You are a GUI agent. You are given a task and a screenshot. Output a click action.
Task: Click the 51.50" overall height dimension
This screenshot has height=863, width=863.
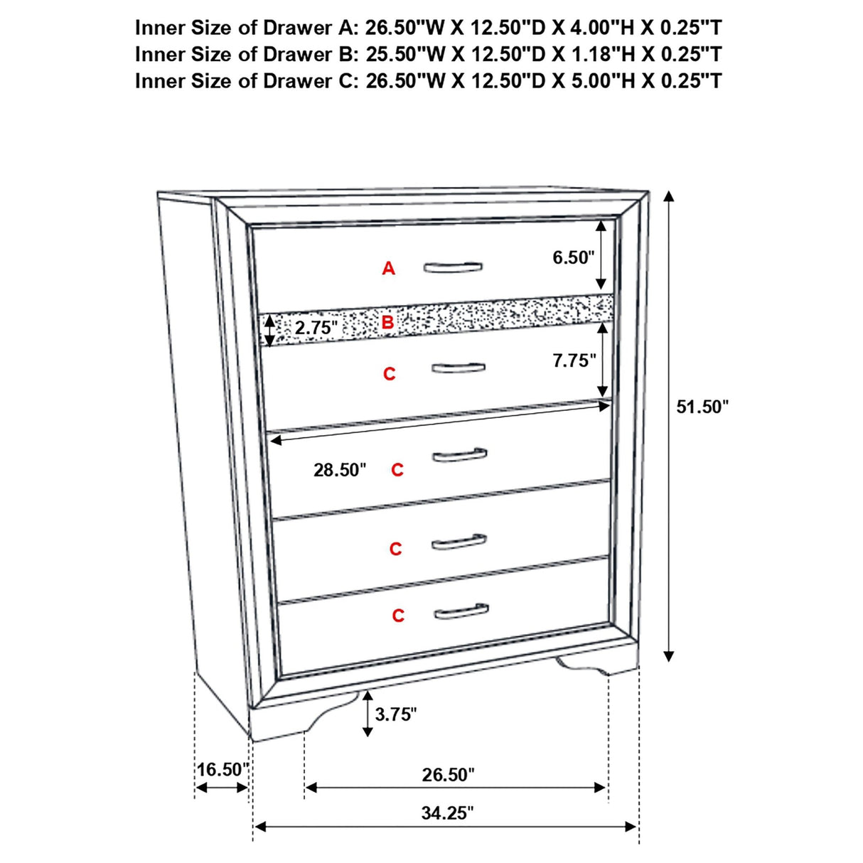pos(702,407)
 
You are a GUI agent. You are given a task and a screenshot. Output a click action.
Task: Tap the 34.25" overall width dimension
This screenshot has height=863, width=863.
pos(446,813)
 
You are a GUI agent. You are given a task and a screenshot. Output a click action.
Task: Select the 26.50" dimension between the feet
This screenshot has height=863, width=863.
pos(448,774)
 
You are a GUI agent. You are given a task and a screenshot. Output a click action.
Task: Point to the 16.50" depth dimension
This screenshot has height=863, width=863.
pos(222,769)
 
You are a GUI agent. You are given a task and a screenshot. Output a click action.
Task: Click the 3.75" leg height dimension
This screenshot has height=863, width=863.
pos(395,714)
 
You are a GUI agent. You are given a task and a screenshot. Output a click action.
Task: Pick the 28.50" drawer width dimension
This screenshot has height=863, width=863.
pos(340,470)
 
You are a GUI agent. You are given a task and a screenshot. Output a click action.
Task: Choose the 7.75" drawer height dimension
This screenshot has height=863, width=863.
pos(574,360)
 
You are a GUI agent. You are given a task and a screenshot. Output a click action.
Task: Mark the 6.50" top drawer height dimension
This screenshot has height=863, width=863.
pos(573,257)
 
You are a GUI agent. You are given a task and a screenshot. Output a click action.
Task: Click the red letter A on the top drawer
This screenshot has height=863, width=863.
pos(388,269)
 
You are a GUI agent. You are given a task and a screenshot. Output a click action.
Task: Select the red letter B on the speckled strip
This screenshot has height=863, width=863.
pos(387,323)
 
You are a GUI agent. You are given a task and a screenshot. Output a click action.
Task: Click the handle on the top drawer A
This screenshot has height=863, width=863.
pos(453,267)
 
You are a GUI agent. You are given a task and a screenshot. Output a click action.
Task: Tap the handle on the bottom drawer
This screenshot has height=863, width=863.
pos(461,611)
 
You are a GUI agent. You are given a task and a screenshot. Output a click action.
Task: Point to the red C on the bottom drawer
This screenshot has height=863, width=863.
pos(398,616)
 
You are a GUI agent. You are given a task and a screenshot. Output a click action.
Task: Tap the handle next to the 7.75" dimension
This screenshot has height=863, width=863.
pos(459,368)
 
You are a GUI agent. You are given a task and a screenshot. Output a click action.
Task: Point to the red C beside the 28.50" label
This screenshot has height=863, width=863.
pos(397,470)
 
